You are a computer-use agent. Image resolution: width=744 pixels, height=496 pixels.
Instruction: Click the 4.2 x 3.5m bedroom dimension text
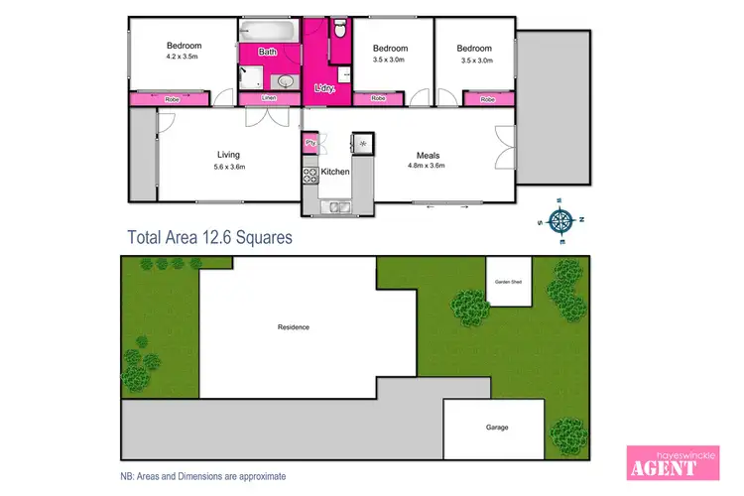[x=184, y=58]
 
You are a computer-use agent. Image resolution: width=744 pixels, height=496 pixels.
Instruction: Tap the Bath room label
[x=268, y=52]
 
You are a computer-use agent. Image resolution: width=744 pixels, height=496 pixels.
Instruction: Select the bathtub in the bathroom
[x=268, y=32]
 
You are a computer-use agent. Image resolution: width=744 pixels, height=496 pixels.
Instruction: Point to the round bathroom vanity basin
[x=285, y=80]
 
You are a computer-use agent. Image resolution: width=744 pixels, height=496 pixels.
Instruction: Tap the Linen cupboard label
[x=268, y=98]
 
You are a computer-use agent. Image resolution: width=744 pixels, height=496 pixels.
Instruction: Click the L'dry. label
[x=324, y=89]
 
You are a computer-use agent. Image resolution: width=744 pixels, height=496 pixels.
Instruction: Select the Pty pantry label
[x=310, y=143]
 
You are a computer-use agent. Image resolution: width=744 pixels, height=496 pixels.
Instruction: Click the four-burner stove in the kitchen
[x=310, y=175]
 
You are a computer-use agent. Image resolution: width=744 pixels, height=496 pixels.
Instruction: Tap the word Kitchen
[x=335, y=173]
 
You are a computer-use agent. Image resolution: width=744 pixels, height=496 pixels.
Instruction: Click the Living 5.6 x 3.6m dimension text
[x=229, y=166]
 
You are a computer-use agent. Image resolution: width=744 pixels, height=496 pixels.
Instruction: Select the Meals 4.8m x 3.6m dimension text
[x=428, y=166]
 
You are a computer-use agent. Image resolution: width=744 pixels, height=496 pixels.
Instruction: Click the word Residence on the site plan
[x=294, y=327]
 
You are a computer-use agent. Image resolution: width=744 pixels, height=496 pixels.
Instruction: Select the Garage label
[x=497, y=428]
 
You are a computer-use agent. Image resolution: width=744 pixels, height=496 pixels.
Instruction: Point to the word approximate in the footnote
[x=259, y=476]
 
